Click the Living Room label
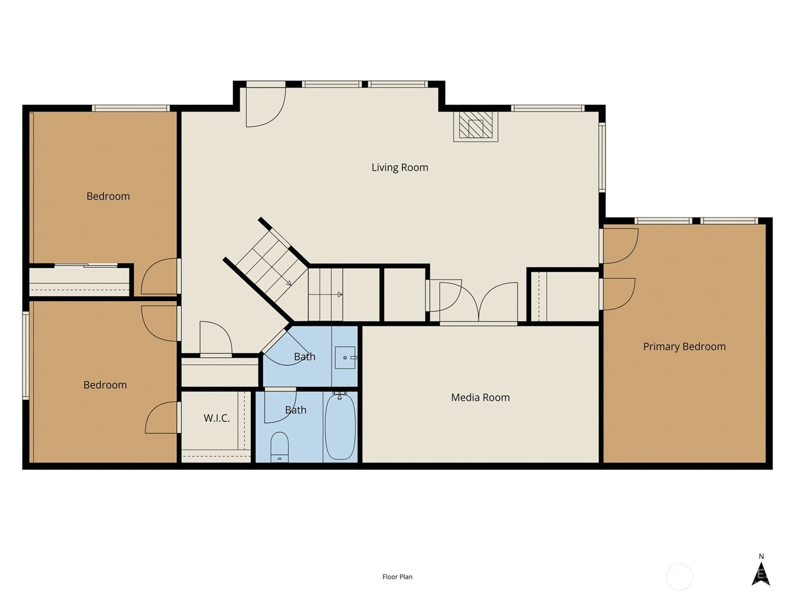pyautogui.click(x=399, y=168)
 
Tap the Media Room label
pyautogui.click(x=480, y=398)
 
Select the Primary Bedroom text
pyautogui.click(x=684, y=347)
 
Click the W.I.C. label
pyautogui.click(x=217, y=418)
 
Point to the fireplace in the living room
pyautogui.click(x=476, y=126)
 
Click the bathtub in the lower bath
pyautogui.click(x=340, y=427)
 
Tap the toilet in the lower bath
pyautogui.click(x=280, y=447)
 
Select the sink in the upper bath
pyautogui.click(x=345, y=357)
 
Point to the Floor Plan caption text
pyautogui.click(x=397, y=577)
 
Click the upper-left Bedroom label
pyautogui.click(x=108, y=196)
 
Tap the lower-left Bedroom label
pyautogui.click(x=105, y=385)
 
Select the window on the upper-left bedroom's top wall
pyautogui.click(x=130, y=108)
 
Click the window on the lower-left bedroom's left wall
pyautogui.click(x=26, y=356)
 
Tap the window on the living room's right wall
pyautogui.click(x=602, y=157)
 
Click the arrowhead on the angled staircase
pyautogui.click(x=289, y=283)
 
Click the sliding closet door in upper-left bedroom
pyautogui.click(x=86, y=266)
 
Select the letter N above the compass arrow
pyautogui.click(x=761, y=556)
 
